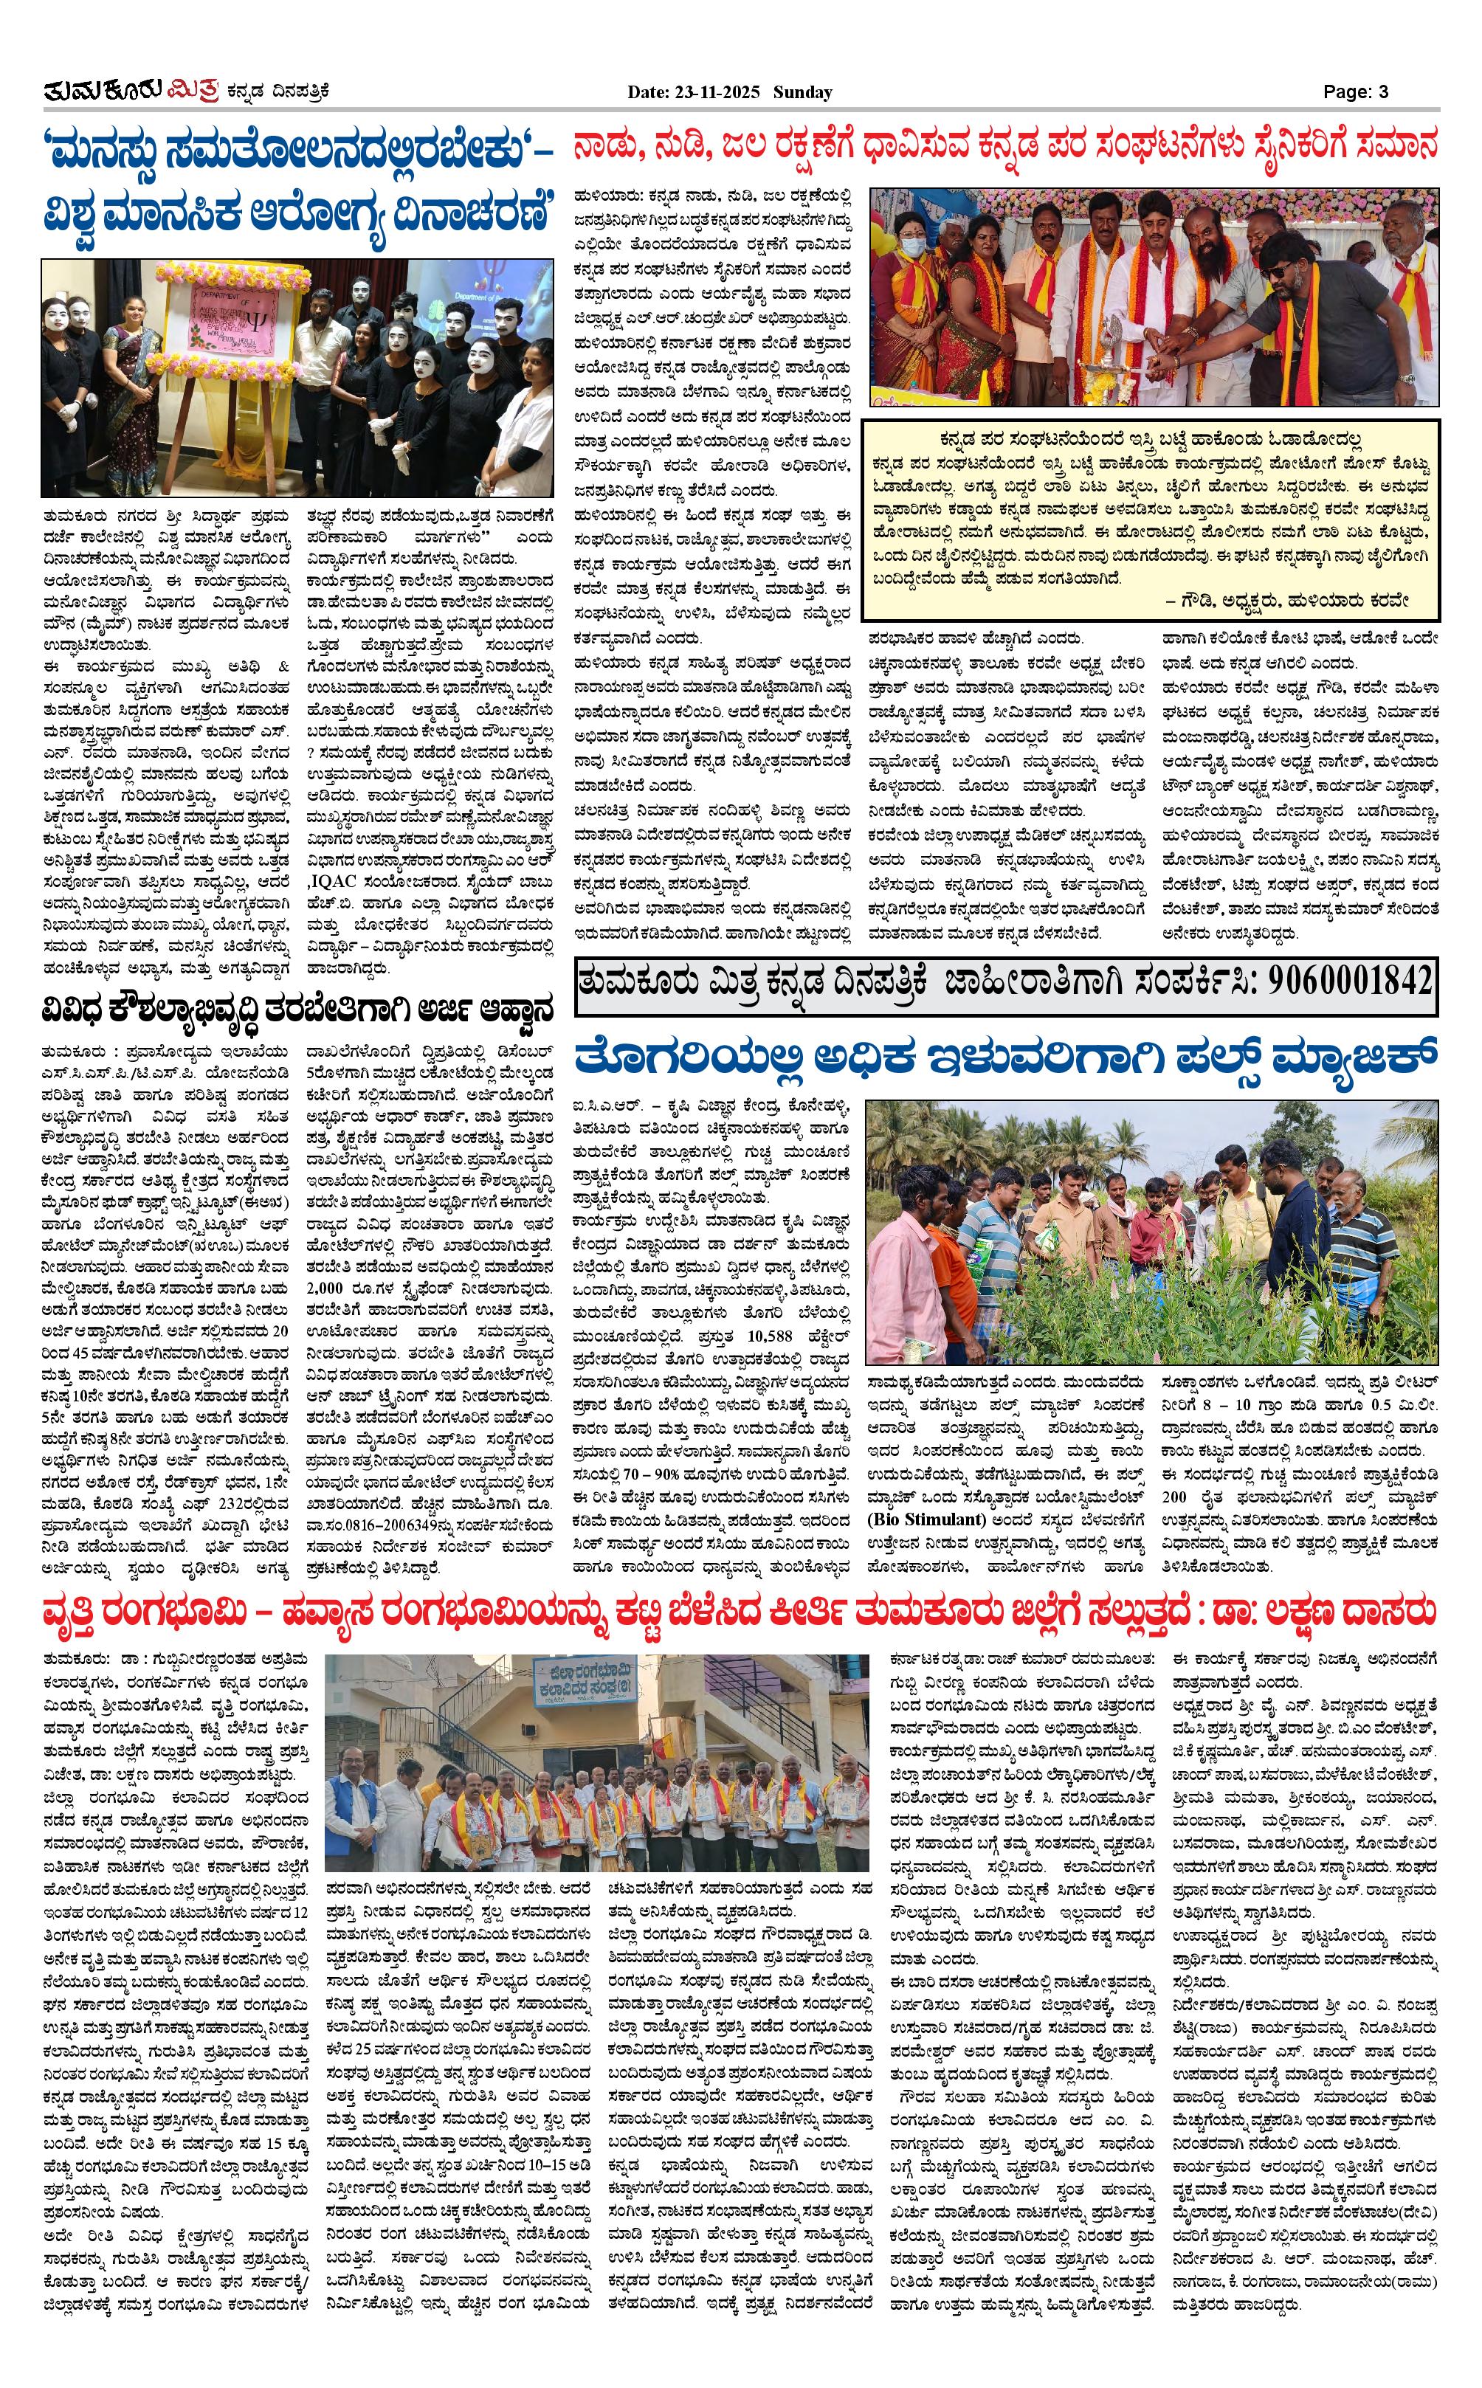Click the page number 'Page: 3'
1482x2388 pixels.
[1356, 92]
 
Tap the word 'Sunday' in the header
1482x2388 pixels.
[803, 92]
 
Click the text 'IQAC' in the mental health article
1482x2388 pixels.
[331, 908]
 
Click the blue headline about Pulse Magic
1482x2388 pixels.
[1004, 1059]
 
